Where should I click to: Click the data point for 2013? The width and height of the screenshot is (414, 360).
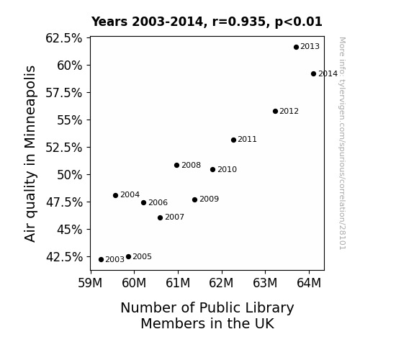coord(296,47)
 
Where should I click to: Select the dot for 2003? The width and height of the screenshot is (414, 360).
coord(101,260)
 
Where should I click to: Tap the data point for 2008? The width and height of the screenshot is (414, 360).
coord(177,166)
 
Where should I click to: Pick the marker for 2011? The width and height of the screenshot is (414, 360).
coord(234,140)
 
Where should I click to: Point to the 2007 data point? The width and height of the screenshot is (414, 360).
coord(161,217)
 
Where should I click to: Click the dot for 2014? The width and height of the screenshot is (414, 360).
coord(313,74)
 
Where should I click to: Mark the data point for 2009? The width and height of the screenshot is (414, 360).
coord(195,199)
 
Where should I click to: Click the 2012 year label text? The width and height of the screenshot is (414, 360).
coord(289,111)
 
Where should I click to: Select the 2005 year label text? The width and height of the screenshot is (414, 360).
coord(143,256)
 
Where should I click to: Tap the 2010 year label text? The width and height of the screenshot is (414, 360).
coord(228,169)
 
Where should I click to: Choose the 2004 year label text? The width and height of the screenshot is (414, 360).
coord(130,194)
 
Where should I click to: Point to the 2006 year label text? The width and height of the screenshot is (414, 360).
coord(158,202)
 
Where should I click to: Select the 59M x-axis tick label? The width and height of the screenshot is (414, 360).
coord(90,283)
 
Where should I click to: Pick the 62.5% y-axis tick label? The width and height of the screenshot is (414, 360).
coord(64,38)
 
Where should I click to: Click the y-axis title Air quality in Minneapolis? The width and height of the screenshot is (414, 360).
coord(30,153)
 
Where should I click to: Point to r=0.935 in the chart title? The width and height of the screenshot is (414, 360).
coord(239,22)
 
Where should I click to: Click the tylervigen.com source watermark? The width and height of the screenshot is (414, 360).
coord(343,143)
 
